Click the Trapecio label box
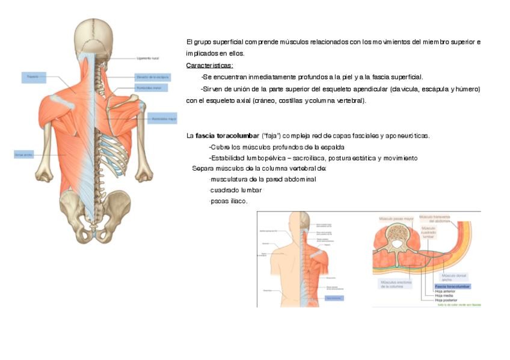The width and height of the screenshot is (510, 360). click(x=33, y=77)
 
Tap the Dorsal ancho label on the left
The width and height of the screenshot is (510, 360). click(x=23, y=154)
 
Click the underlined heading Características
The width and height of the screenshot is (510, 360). click(x=209, y=65)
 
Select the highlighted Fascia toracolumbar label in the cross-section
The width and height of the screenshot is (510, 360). click(x=452, y=287)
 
